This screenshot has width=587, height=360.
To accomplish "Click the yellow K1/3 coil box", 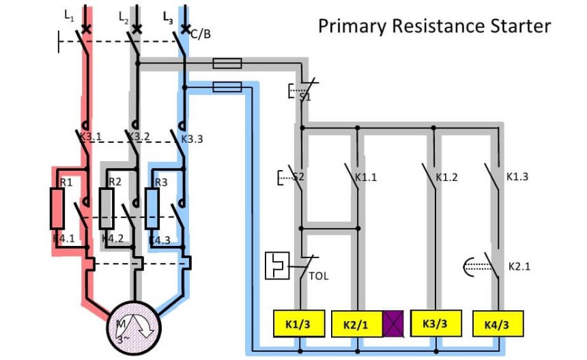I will click(297, 324).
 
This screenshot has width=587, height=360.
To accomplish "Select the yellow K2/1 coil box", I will click(357, 324).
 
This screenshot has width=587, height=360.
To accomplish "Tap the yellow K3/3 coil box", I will click(435, 324).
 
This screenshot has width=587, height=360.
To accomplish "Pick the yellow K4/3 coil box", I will click(496, 324).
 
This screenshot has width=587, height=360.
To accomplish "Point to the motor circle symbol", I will click(134, 324).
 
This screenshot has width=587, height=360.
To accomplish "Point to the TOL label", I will click(318, 277).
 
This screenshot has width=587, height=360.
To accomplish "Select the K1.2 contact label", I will click(446, 178).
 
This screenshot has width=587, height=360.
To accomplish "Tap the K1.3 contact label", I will click(517, 176).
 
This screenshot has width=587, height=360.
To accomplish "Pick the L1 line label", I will click(69, 14).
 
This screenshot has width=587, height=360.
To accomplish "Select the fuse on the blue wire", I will click(227, 87).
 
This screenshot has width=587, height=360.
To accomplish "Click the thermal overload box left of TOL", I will click(277, 265).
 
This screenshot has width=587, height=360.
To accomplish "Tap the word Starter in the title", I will click(522, 26).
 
